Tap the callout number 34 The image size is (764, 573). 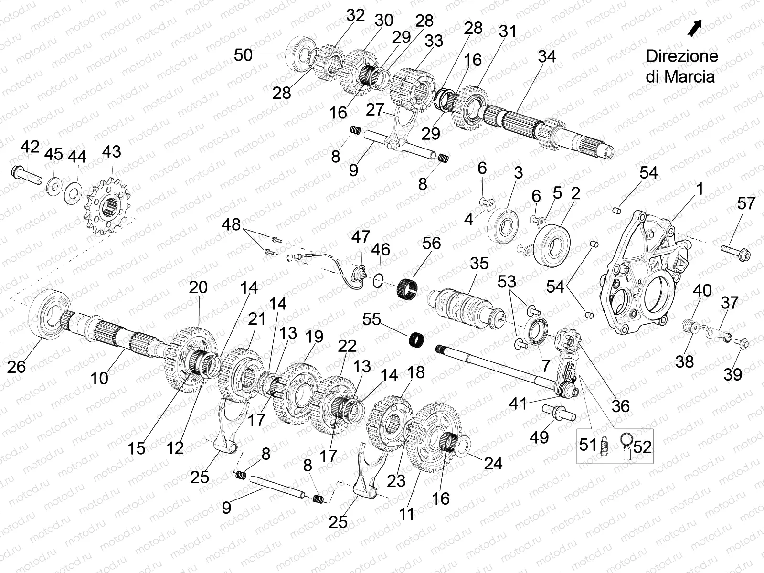pyautogui.click(x=546, y=56)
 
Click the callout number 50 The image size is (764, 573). pyautogui.click(x=243, y=55)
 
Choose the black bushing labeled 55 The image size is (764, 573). pyautogui.click(x=417, y=341)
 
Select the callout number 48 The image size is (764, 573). pyautogui.click(x=232, y=224)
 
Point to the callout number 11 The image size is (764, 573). pyautogui.click(x=406, y=514)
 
